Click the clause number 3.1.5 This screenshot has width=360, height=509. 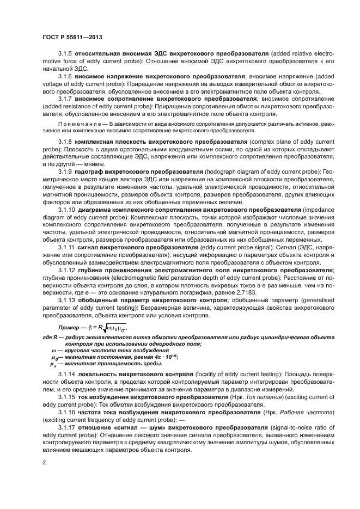(x=65, y=55)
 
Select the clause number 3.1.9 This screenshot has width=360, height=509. (x=65, y=171)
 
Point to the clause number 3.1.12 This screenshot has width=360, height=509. (x=66, y=270)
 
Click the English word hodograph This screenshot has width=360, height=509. (x=224, y=171)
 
